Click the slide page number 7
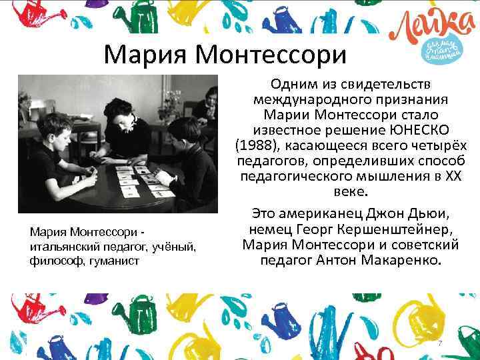439,343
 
